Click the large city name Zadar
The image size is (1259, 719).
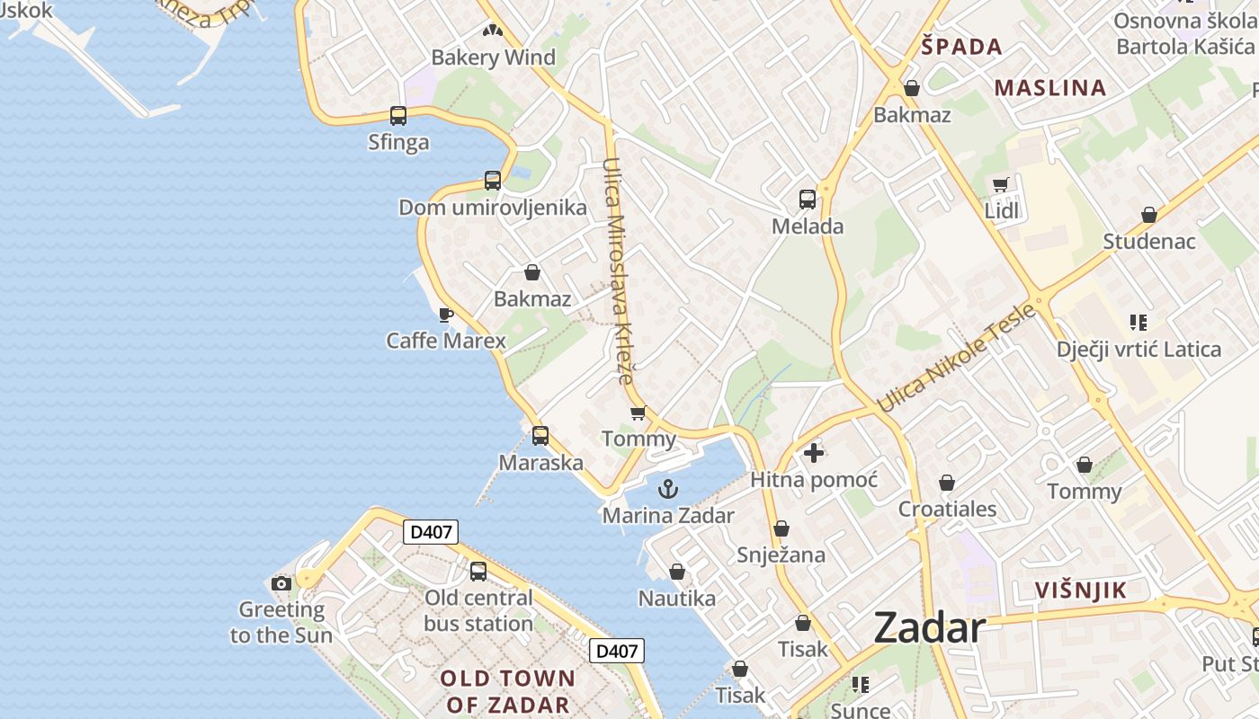[929, 626]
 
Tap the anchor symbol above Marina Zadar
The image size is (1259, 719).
[667, 490]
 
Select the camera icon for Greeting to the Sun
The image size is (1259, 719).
[281, 583]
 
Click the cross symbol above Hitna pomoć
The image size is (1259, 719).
[814, 453]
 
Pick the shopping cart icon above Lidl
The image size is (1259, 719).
[1001, 185]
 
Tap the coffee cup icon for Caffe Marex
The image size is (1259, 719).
[445, 315]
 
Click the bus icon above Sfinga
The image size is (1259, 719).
[398, 115]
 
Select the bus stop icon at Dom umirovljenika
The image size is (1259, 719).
[492, 180]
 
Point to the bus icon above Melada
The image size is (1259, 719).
[808, 199]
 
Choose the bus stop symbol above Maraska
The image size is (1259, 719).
[540, 436]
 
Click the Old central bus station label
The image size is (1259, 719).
[478, 610]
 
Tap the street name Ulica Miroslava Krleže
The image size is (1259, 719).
[620, 271]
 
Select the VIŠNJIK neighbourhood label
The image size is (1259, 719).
[1080, 590]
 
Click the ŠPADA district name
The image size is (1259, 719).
[961, 47]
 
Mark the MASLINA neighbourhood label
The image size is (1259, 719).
[1049, 87]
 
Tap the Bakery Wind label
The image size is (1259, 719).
[493, 58]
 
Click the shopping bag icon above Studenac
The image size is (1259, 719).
[1148, 215]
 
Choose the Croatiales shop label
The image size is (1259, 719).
[947, 510]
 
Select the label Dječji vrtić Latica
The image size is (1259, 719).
[1138, 349]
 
